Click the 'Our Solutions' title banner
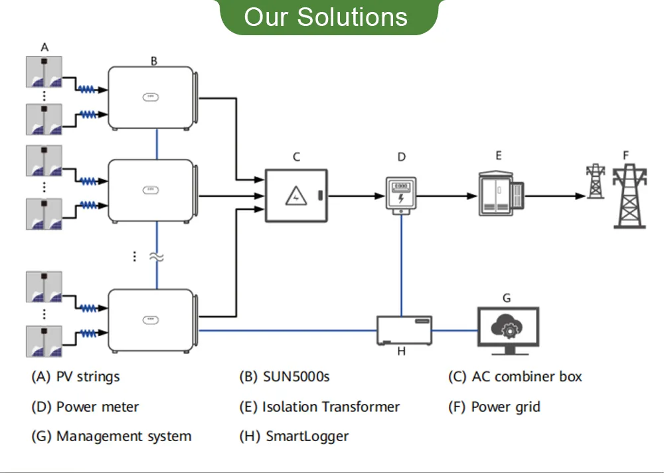click(x=325, y=17)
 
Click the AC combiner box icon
click(x=296, y=195)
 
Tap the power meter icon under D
click(x=401, y=195)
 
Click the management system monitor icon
click(x=508, y=328)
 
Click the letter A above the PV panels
click(x=44, y=47)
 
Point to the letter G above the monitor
click(x=507, y=298)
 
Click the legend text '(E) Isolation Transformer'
click(x=319, y=407)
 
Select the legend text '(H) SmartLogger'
click(x=293, y=436)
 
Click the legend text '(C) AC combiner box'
click(x=515, y=377)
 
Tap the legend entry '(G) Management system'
click(x=111, y=436)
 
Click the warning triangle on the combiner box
click(x=293, y=195)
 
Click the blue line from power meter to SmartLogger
click(x=401, y=266)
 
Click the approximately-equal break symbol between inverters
click(x=157, y=256)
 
